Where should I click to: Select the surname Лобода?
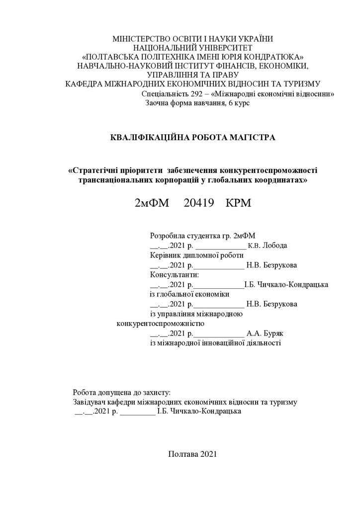275,246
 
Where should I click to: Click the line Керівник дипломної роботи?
196,255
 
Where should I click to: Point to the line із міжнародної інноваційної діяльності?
215,342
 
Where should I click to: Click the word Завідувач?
90,402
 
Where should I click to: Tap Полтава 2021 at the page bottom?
192,454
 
